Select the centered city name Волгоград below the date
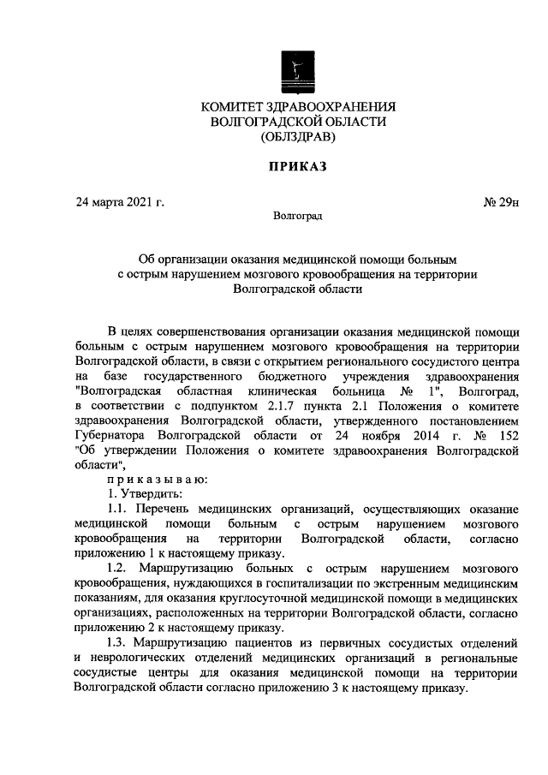297,217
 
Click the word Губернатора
112,436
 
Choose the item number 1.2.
117,568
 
